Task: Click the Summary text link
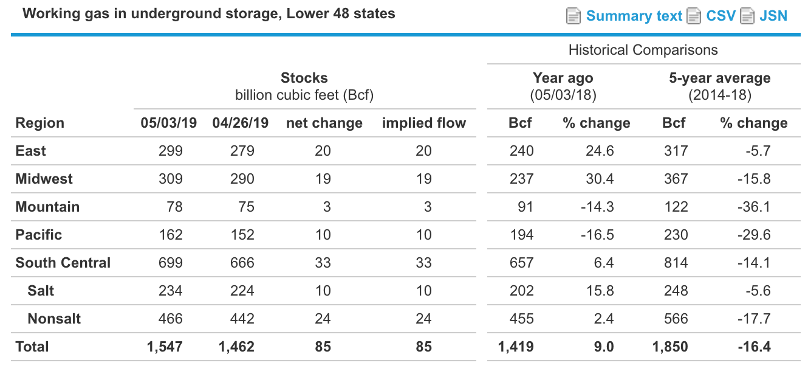pyautogui.click(x=634, y=16)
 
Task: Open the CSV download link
pyautogui.click(x=721, y=16)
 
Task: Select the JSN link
pyautogui.click(x=773, y=16)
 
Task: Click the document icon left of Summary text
pyautogui.click(x=573, y=16)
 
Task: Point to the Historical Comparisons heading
pyautogui.click(x=643, y=50)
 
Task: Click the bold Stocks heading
pyautogui.click(x=304, y=78)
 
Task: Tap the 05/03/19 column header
pyautogui.click(x=168, y=123)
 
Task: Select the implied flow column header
pyautogui.click(x=423, y=123)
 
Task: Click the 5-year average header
pyautogui.click(x=719, y=78)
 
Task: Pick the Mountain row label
pyautogui.click(x=47, y=207)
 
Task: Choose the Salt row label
pyautogui.click(x=41, y=291)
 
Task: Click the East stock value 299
pyautogui.click(x=170, y=151)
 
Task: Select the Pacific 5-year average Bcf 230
pyautogui.click(x=676, y=235)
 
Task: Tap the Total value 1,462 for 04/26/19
pyautogui.click(x=236, y=347)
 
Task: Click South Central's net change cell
pyautogui.click(x=323, y=263)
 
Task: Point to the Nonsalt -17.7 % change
pyautogui.click(x=757, y=319)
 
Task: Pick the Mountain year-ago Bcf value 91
pyautogui.click(x=526, y=207)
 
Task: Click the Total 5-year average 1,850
pyautogui.click(x=669, y=347)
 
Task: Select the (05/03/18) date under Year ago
pyautogui.click(x=563, y=95)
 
